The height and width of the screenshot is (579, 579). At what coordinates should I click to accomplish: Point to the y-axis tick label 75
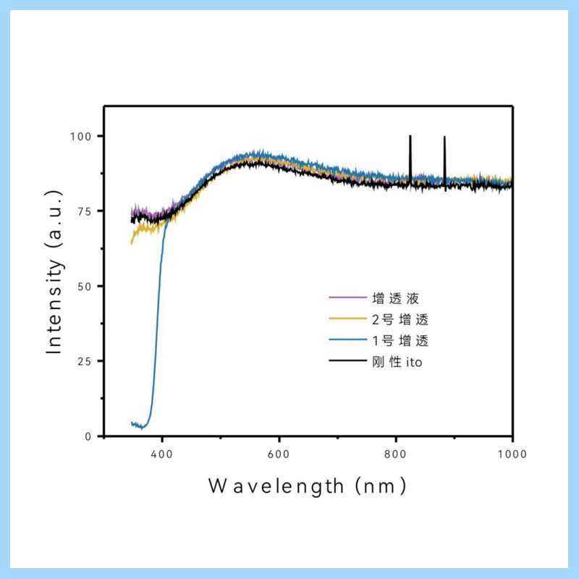point(85,211)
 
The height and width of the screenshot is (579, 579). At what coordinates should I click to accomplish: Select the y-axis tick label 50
point(85,286)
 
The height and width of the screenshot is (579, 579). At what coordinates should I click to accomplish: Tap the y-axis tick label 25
point(85,361)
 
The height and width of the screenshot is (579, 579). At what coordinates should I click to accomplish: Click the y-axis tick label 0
point(88,436)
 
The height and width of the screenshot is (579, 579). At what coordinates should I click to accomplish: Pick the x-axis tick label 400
point(162,455)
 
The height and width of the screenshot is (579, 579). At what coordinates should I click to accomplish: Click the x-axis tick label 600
point(279,455)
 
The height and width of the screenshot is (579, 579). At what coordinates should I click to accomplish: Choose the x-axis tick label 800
point(396,455)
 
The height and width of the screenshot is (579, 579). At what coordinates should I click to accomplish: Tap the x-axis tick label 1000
point(512,455)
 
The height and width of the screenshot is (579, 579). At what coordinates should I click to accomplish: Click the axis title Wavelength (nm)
point(308,486)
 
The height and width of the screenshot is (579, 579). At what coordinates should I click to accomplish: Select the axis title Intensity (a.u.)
point(54,271)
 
